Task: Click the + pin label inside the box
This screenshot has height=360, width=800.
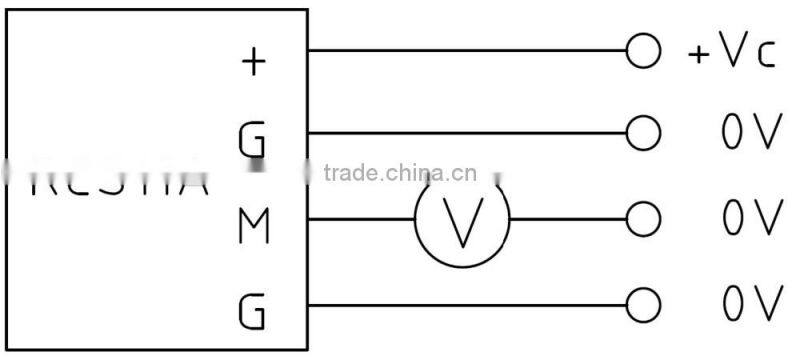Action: (254, 61)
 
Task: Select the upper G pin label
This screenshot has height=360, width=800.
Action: (253, 141)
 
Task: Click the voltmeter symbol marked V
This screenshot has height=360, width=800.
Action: (462, 219)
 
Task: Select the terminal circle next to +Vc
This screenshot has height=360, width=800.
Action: (644, 49)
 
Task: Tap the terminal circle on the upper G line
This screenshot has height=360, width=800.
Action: (644, 132)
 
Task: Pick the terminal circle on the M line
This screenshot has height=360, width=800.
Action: (644, 218)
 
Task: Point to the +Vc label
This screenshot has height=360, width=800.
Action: (732, 52)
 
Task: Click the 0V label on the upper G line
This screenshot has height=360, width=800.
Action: (750, 133)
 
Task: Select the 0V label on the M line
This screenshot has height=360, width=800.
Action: (750, 218)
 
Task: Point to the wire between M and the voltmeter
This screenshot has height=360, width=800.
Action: (360, 218)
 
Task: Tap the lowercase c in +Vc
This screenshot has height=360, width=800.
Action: (766, 56)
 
